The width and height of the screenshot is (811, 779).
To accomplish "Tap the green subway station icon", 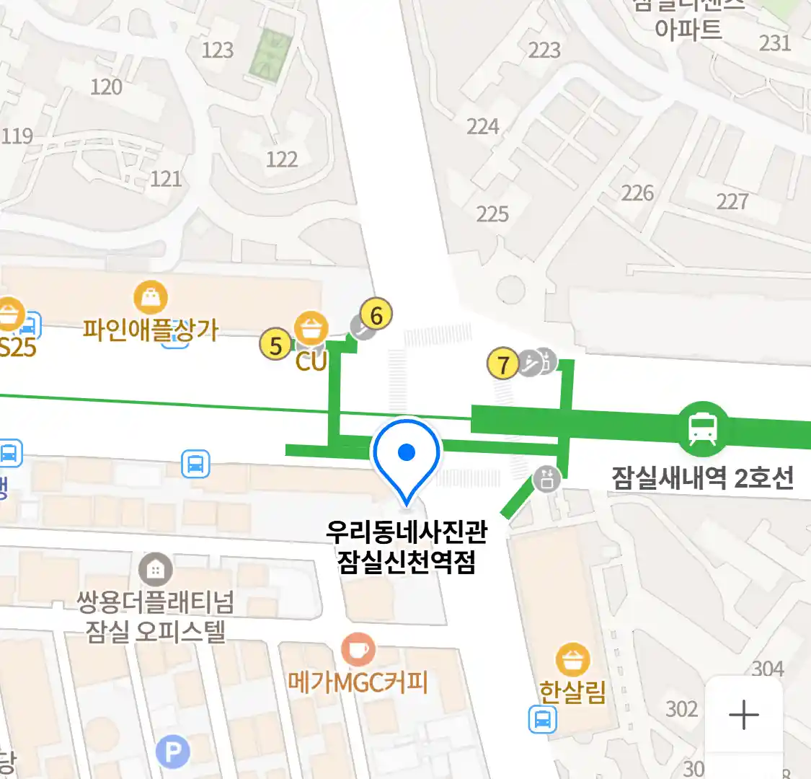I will [x=702, y=429].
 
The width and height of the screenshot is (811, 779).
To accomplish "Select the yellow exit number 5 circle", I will [x=275, y=345].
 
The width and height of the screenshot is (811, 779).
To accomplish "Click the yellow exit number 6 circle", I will [x=376, y=314].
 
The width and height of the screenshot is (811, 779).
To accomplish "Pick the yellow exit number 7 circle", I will [x=503, y=364].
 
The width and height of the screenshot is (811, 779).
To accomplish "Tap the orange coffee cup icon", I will [x=358, y=649].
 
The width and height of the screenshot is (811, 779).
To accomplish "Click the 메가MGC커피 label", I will [x=358, y=682].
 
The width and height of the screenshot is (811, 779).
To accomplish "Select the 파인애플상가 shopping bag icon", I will [x=151, y=296].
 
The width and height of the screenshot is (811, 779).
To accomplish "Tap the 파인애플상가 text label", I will [x=150, y=330].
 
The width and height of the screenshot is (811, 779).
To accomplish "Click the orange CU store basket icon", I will [x=311, y=329].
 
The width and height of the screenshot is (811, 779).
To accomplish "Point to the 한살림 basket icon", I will [x=572, y=659].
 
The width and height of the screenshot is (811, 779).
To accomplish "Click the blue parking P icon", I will [x=173, y=753].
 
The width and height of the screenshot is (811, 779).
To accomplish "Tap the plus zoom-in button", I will [x=743, y=716].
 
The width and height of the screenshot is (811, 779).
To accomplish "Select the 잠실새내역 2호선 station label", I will [x=702, y=477].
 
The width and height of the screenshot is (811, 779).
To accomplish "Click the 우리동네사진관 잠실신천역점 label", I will [x=407, y=546].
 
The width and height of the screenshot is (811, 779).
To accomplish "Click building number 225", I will [x=492, y=214].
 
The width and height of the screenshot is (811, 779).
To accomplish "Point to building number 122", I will [x=281, y=159].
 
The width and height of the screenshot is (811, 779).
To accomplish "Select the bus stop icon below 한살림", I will [x=542, y=719].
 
